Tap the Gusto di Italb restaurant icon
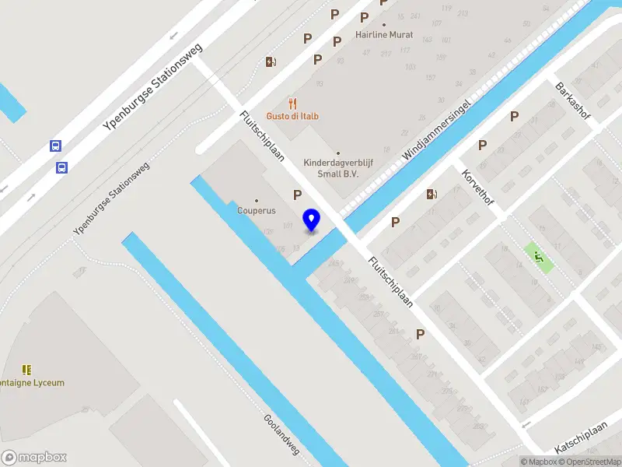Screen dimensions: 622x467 coord(293,103)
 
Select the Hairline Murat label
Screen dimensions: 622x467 coord(383,35)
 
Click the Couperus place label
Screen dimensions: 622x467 coord(257,210)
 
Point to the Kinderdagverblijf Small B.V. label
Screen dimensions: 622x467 coord(337,169)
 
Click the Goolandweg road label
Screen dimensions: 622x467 coord(281,433)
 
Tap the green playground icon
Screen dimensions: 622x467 coord(538,257)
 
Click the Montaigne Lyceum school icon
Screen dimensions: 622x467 coord(27,370)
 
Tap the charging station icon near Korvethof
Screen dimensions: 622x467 coord(432,194)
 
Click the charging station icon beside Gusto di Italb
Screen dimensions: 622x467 coord(271,61)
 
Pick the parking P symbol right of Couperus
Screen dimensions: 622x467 coord(297,195)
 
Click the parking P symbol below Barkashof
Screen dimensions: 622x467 coord(514,117)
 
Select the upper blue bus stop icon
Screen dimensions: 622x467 coord(55,146)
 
